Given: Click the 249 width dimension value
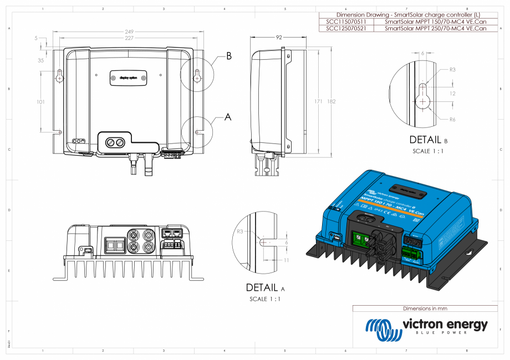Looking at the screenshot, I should (129, 32).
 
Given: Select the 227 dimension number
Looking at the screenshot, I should (129, 38).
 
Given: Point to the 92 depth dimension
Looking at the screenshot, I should (279, 38).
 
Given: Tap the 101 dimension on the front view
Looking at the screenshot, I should (40, 102).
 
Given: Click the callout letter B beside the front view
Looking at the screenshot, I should (228, 56).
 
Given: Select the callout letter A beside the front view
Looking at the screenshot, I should (227, 117).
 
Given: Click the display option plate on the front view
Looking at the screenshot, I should (129, 78).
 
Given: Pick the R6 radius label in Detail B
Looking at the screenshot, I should (452, 120).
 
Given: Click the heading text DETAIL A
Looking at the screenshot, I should (265, 288).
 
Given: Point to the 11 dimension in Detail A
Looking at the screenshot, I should (286, 260).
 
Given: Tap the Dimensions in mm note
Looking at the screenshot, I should (425, 308).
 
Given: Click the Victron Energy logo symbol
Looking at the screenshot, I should (382, 329).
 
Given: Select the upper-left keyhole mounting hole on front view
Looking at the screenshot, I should (60, 78).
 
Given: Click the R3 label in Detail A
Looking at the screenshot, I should (240, 231).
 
